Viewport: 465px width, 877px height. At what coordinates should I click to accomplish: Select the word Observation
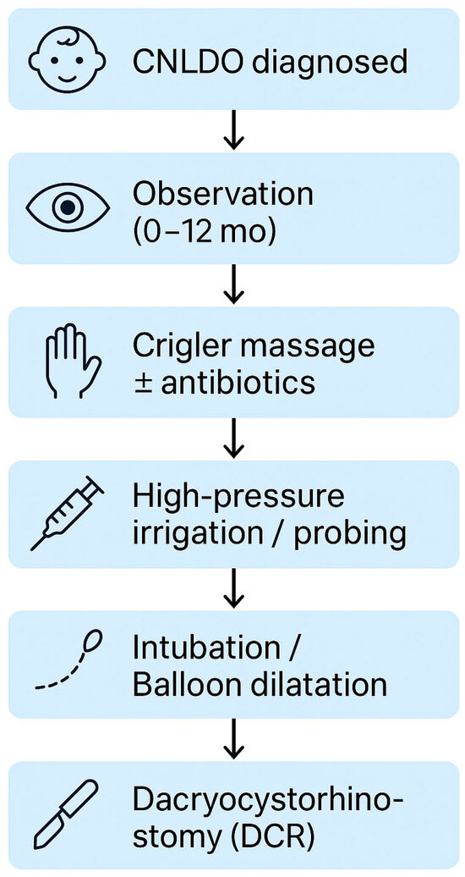[222, 193]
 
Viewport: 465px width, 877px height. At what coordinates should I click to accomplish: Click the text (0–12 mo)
[204, 230]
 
